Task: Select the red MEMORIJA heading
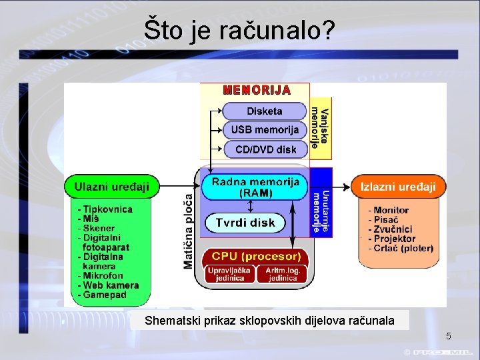coord(257,90)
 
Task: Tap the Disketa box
coord(264,111)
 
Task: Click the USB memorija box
coord(264,130)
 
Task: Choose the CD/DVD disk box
coord(265,149)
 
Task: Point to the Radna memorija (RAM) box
coord(255,187)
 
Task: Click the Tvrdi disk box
coord(245,223)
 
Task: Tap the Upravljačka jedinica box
coord(229,273)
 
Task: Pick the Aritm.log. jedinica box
coord(282,273)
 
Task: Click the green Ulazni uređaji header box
coord(112,187)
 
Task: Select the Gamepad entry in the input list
coord(105,295)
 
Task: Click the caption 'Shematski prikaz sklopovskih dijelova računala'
coord(269,321)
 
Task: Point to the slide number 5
coord(449,335)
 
